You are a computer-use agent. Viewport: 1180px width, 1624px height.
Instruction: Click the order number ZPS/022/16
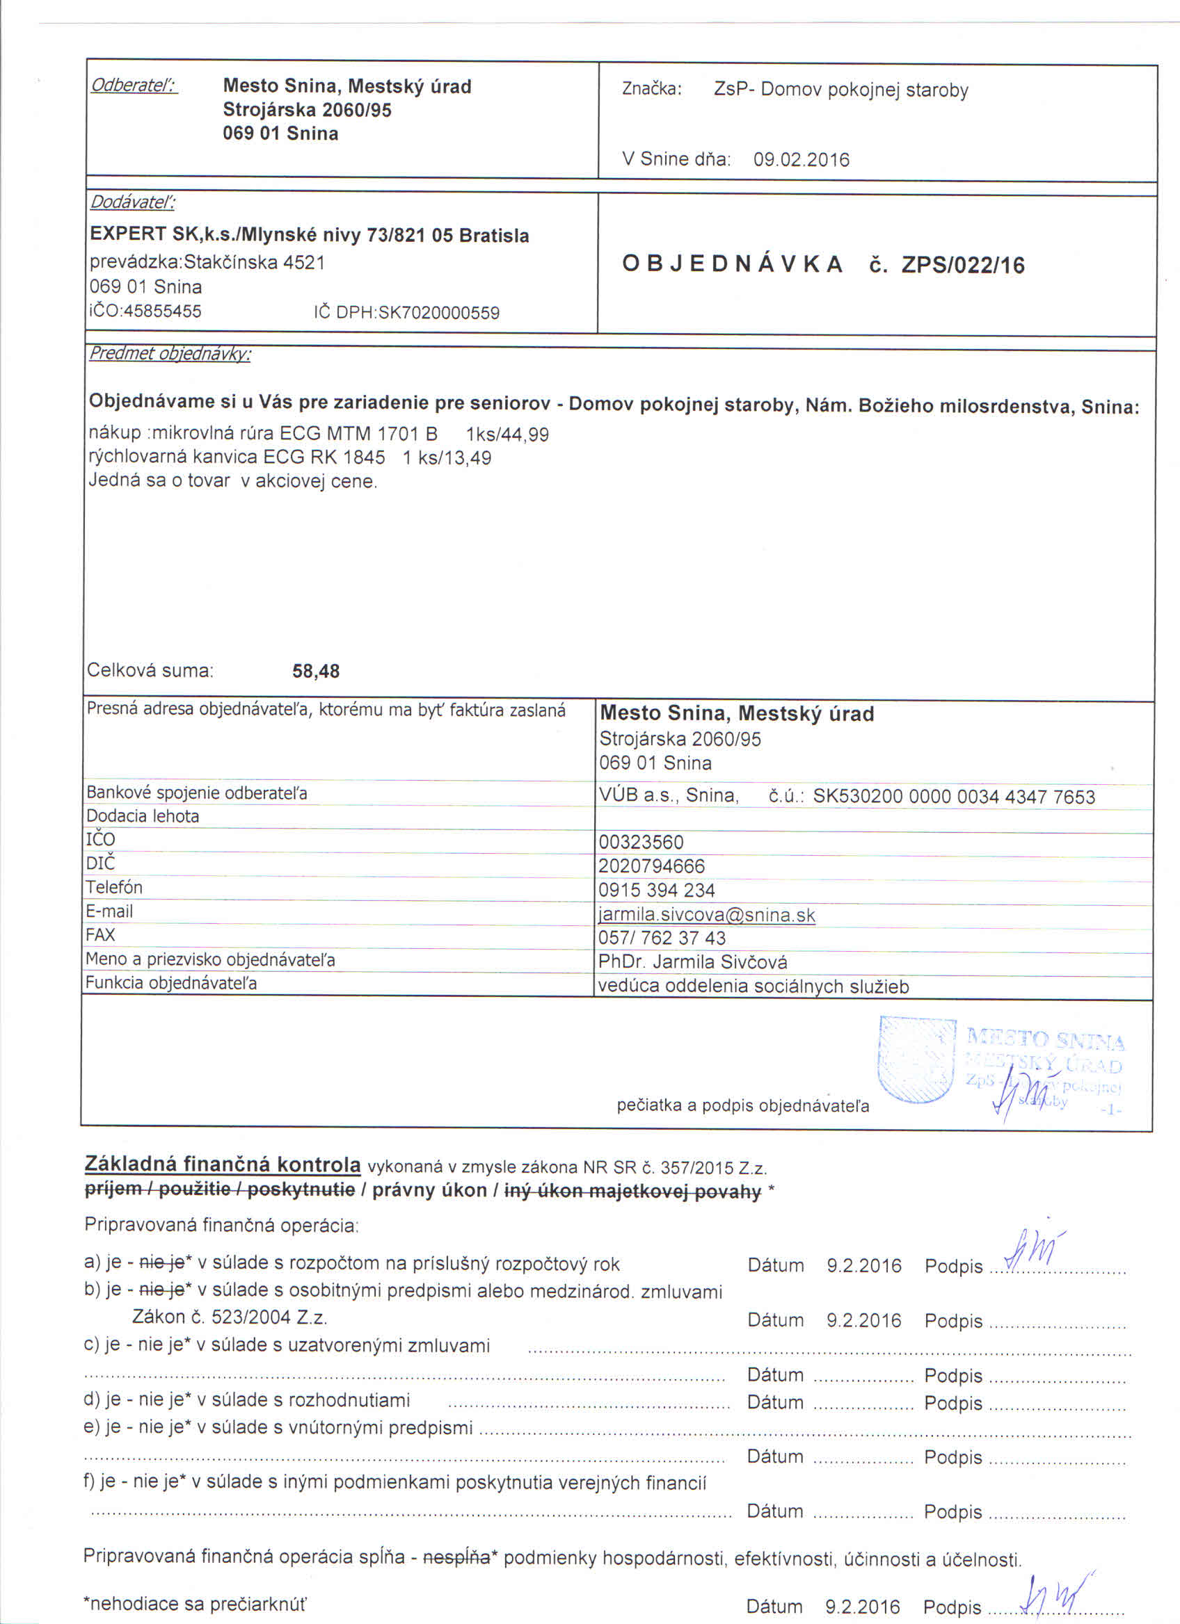pos(963,266)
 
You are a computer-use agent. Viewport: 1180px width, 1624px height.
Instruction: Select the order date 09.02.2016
pos(801,160)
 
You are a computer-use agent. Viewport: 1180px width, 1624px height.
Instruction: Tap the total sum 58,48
pos(316,671)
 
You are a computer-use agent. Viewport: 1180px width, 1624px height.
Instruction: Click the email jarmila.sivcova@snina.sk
pos(706,915)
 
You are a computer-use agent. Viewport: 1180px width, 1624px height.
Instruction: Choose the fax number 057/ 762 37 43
pos(662,938)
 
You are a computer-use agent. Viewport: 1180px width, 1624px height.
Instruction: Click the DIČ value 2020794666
pos(652,866)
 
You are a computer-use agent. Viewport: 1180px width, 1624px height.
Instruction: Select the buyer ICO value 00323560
pos(641,842)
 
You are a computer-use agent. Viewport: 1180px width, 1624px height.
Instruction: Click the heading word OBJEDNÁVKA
pos(733,264)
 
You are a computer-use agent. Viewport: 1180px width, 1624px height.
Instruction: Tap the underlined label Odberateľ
pos(134,86)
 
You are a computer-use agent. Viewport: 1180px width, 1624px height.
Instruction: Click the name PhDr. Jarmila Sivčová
pos(693,962)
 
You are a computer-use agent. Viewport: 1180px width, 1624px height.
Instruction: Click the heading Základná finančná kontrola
pos(222,1164)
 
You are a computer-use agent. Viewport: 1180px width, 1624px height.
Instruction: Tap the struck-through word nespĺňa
pos(456,1557)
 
